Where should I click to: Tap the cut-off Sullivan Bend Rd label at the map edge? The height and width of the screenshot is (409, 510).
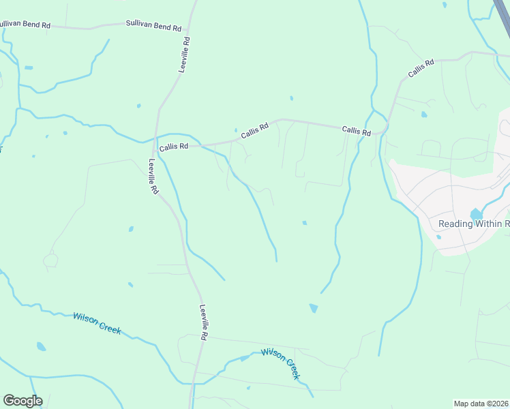coord(25,25)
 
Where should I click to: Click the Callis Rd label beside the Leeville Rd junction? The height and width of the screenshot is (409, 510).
coord(173,147)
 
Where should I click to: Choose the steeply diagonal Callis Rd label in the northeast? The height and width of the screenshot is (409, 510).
coord(421,68)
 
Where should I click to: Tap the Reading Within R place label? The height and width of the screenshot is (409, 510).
coord(474,224)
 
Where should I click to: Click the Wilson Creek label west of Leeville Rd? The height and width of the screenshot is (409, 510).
coord(97,324)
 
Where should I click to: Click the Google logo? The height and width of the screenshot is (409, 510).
coord(22,401)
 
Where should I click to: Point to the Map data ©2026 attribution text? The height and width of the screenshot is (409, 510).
coord(481,404)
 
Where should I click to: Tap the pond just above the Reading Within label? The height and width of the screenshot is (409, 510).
coord(476,213)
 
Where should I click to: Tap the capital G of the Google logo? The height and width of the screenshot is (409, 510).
coord(9,401)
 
